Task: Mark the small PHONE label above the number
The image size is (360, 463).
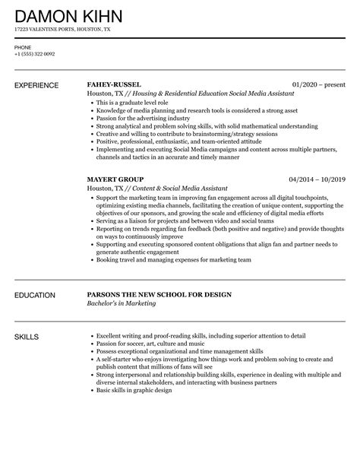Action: tap(23, 47)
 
